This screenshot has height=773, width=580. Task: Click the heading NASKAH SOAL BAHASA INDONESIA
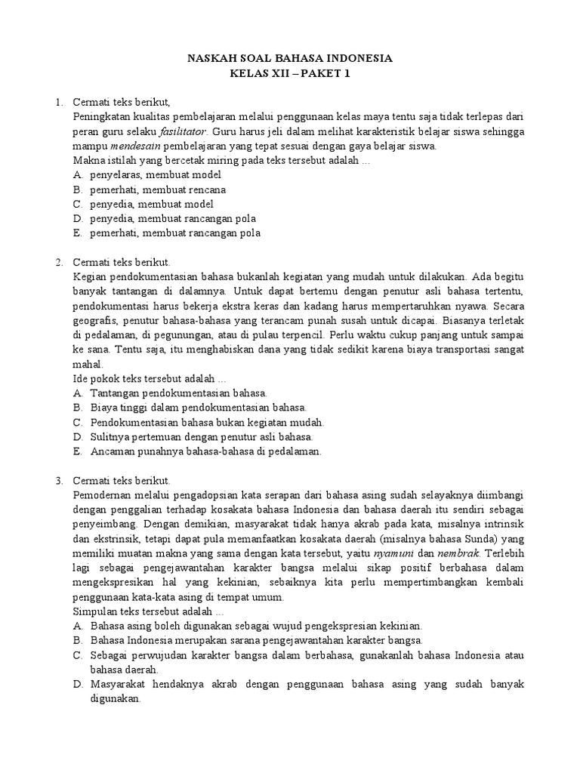[x=290, y=58]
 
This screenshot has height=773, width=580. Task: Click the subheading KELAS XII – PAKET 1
[x=290, y=73]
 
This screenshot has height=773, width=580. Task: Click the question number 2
[x=58, y=262]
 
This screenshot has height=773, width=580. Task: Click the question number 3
[x=58, y=480]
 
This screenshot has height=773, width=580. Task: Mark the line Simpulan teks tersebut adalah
[x=148, y=611]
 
